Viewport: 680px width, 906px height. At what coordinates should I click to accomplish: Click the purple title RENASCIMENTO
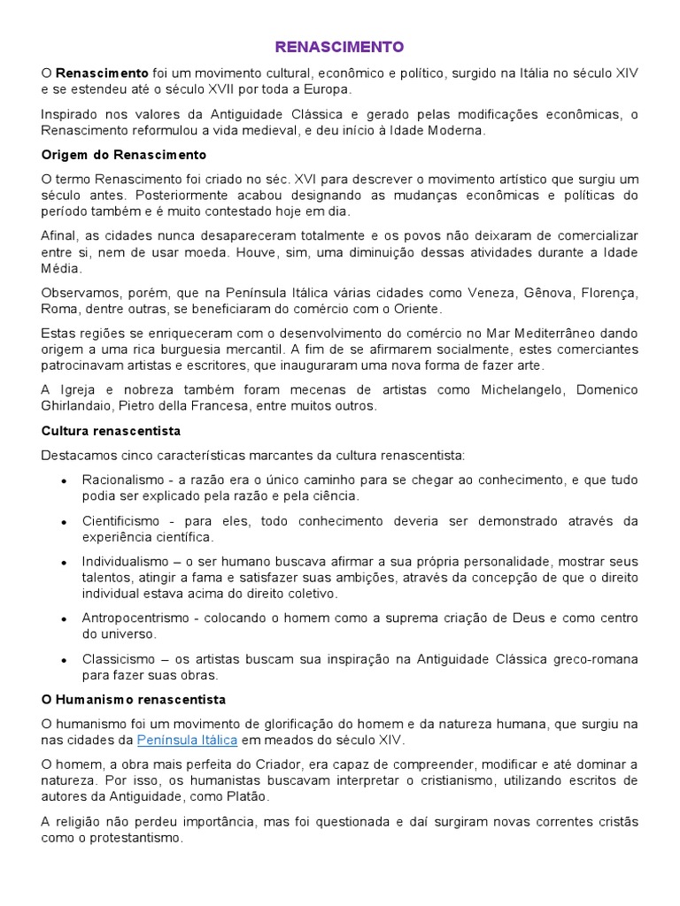339,46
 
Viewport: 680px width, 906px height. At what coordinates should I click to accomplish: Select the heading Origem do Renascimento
111,155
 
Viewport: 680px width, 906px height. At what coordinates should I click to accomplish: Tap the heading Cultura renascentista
111,431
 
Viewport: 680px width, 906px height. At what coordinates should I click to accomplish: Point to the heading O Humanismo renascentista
134,699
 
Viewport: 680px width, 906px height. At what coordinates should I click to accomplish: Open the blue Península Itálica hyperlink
187,739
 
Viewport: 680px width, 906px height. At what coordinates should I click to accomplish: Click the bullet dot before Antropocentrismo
65,619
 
